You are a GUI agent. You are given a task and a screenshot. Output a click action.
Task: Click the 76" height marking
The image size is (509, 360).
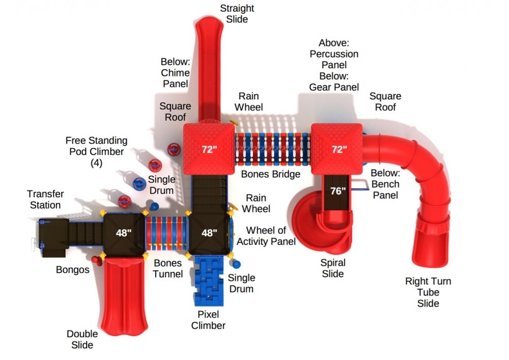tap(337, 191)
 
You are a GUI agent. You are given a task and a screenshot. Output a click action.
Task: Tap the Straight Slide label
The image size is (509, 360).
tap(237, 14)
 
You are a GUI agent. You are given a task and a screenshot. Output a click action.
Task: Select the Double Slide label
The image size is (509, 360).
tap(82, 339)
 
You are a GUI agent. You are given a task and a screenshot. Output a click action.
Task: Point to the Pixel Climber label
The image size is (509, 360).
tap(208, 320)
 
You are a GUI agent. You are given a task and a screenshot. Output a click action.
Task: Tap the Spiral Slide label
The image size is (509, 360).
tap(332, 268)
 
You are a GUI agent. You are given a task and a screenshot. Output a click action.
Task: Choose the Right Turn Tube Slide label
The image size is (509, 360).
tap(428, 292)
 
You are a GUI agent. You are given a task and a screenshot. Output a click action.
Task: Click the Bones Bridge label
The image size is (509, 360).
tap(270, 174)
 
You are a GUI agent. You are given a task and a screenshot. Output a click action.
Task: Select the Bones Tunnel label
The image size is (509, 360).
tap(168, 269)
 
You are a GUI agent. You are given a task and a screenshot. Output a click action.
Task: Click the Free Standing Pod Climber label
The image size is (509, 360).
tap(96, 152)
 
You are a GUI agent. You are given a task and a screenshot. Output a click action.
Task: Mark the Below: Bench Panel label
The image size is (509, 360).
tap(385, 184)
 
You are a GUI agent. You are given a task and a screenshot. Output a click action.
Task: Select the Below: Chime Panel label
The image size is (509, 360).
tap(175, 72)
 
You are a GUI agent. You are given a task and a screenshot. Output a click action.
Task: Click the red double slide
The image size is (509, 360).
tap(125, 295)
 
